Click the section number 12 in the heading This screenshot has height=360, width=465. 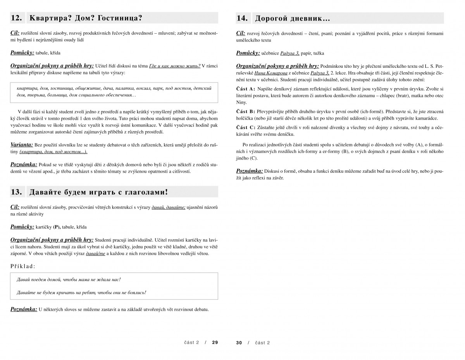click(16, 18)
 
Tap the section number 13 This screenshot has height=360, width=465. click(16, 192)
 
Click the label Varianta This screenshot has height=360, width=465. click(22, 145)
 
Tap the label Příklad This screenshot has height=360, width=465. click(23, 266)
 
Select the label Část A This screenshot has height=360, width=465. click(246, 89)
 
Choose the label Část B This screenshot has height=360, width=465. click(246, 111)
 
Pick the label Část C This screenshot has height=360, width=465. click(246, 127)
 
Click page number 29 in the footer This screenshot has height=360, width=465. click(215, 343)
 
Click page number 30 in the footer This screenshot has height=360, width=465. click(239, 343)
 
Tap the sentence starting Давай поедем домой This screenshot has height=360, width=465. click(69, 279)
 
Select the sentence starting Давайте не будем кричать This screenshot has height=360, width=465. click(81, 293)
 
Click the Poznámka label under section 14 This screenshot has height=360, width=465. click(250, 171)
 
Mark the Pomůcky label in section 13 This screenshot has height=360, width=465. click(22, 227)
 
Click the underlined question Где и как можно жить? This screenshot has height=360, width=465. click(174, 66)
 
